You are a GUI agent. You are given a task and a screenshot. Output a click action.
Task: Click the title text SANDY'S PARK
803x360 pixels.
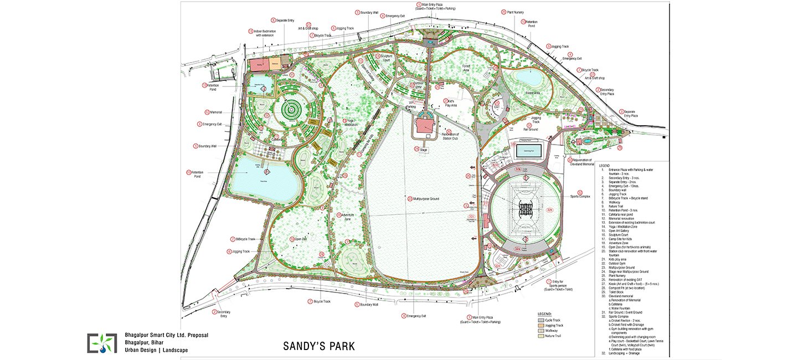pyautogui.click(x=318, y=347)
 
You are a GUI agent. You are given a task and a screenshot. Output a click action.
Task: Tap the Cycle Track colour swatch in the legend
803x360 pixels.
pyautogui.click(x=542, y=320)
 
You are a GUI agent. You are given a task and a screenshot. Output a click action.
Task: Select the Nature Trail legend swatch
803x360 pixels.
pyautogui.click(x=542, y=336)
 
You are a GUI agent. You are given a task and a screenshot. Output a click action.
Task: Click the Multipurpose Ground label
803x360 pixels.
pyautogui.click(x=426, y=198)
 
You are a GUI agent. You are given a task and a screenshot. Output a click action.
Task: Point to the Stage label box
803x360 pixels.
pyautogui.click(x=424, y=150)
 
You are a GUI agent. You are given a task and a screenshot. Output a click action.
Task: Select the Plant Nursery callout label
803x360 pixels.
pyautogui.click(x=516, y=12)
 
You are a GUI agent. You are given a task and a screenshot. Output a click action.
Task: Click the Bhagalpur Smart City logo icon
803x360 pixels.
pyautogui.click(x=102, y=343)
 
